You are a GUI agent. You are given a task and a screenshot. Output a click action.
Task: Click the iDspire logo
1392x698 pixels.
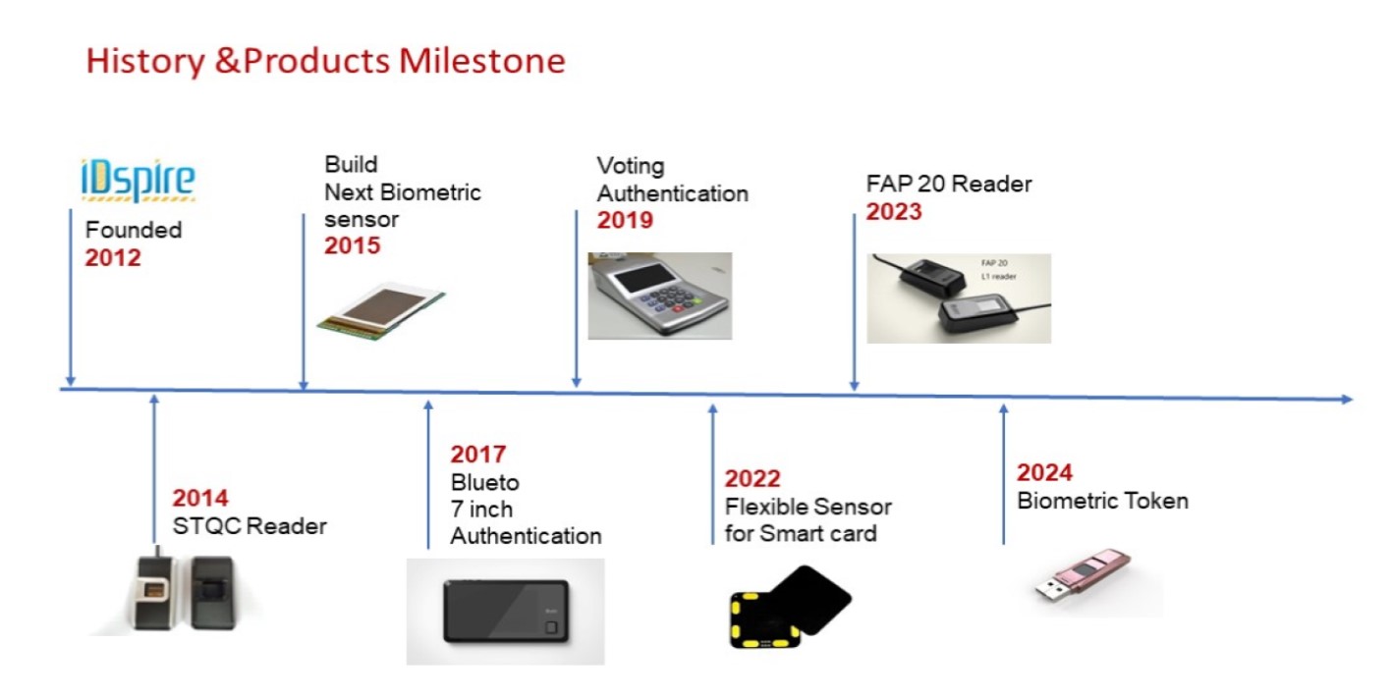coord(138,180)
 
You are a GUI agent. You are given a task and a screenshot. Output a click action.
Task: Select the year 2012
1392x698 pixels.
coord(113,258)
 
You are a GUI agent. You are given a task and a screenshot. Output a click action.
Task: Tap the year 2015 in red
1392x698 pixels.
coord(353,245)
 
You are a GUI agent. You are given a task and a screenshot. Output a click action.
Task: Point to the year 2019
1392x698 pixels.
coord(625,221)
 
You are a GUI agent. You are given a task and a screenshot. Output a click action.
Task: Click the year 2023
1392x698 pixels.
coord(894,212)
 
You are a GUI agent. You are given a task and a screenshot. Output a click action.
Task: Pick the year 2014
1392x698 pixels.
coord(200,498)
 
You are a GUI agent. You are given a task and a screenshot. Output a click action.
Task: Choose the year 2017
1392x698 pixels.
coord(478,455)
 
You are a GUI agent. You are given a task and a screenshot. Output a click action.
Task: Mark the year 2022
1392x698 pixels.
coord(752,479)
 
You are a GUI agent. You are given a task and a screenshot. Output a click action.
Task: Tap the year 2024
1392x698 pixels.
coord(1044,472)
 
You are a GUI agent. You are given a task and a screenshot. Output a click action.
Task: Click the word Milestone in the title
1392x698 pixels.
coord(482,61)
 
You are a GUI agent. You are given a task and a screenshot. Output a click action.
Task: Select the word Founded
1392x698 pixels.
coord(134,231)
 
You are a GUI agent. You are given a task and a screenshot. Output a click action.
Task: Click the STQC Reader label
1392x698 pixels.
coord(250,526)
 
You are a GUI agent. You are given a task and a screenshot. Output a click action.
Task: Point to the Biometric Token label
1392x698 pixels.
coord(1103,501)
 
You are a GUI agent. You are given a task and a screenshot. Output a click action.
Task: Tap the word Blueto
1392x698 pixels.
coord(484,483)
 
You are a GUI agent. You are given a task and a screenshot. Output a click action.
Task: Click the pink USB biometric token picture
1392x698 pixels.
coord(1083,575)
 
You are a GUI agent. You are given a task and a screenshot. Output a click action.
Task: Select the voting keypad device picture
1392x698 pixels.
coord(660,295)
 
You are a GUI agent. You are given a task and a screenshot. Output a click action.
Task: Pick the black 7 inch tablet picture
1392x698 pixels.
coord(506,612)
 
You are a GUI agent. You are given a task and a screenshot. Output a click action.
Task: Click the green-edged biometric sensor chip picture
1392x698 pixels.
coord(381,310)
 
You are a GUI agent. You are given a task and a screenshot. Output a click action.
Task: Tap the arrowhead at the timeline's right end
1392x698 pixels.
coord(1347,400)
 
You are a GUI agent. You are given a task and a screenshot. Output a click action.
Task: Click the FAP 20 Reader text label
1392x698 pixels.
coord(949,184)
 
